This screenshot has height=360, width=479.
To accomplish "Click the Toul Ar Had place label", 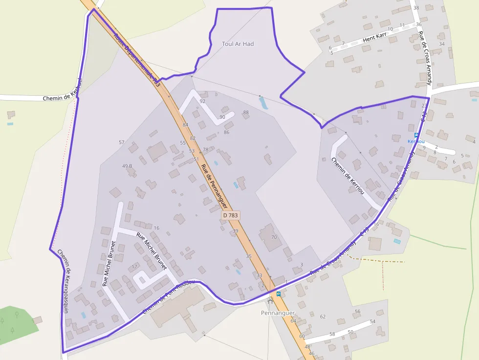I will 238,44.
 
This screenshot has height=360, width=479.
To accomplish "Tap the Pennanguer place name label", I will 278,313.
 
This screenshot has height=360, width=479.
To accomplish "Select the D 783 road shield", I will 231,215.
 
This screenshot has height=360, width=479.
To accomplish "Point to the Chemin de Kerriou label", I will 348,176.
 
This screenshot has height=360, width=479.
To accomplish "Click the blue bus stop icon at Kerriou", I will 416,135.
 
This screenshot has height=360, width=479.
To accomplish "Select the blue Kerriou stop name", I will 416,141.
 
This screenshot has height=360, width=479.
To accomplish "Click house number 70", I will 274,237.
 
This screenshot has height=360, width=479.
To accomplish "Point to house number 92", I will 202,101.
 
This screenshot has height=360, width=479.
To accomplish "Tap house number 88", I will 246,113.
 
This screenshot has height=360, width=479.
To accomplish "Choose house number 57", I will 122,142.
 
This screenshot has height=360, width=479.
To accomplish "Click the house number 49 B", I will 127,166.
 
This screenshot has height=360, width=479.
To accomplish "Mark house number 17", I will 134,266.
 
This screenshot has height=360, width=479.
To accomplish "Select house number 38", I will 416,8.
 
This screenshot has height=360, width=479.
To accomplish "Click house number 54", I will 372,321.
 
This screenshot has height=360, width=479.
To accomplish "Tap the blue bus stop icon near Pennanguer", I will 279,294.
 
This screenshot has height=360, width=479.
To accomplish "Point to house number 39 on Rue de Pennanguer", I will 235,231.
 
